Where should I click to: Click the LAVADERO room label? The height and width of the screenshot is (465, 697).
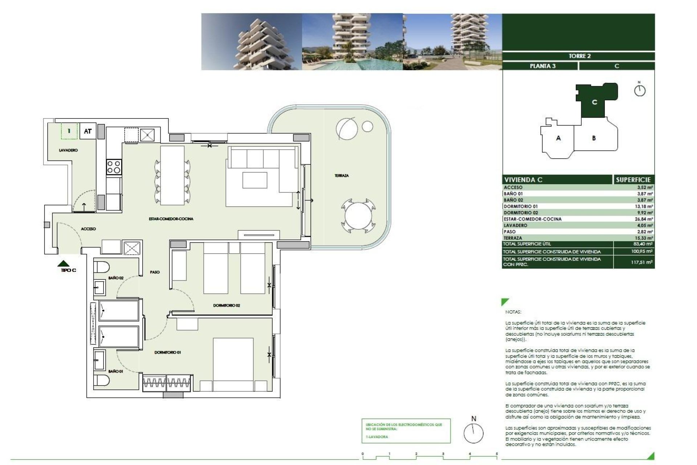(x=68, y=150)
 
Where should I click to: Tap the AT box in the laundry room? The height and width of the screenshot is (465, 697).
(x=87, y=131)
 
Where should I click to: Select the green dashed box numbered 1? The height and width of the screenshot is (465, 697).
(x=69, y=131)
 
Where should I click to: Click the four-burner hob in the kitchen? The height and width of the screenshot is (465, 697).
(x=114, y=167)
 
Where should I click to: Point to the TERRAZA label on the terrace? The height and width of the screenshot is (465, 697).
(x=341, y=175)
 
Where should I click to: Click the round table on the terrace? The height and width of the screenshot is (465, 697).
(x=358, y=217)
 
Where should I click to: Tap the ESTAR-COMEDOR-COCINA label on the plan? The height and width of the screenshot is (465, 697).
(x=171, y=219)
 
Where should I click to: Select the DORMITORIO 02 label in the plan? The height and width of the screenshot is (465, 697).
(x=226, y=306)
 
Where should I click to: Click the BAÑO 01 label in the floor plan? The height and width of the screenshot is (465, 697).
(x=115, y=371)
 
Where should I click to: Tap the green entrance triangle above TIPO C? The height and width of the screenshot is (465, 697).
(x=64, y=263)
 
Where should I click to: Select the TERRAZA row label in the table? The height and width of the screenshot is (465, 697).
(x=513, y=238)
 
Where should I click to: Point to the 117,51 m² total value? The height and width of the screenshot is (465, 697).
(x=641, y=262)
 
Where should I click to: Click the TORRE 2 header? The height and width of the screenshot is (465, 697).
(x=579, y=56)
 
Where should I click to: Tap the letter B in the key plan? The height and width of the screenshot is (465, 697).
(x=594, y=138)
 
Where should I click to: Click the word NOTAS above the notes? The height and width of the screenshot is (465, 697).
(x=513, y=312)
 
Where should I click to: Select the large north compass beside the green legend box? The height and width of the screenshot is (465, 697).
(x=473, y=433)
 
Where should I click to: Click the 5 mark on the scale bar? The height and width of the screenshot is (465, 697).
(x=497, y=454)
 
